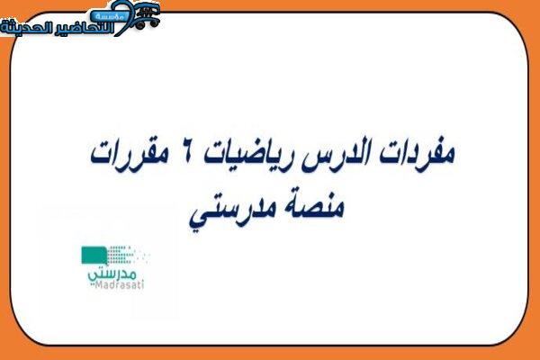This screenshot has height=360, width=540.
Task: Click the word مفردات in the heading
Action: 418,154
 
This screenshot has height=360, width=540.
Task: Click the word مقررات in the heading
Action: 129,154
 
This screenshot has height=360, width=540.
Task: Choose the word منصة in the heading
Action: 311,207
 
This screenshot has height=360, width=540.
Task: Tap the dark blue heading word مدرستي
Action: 230,211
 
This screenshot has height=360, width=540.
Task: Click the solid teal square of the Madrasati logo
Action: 94,256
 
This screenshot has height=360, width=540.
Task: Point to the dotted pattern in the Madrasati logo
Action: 128,255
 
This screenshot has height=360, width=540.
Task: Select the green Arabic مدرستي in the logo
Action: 112,274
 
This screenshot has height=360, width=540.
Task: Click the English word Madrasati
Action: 119,284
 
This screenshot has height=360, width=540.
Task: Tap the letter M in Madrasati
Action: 98,284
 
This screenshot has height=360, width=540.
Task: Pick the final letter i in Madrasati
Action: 142,284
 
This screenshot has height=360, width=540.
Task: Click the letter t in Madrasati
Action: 138,284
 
